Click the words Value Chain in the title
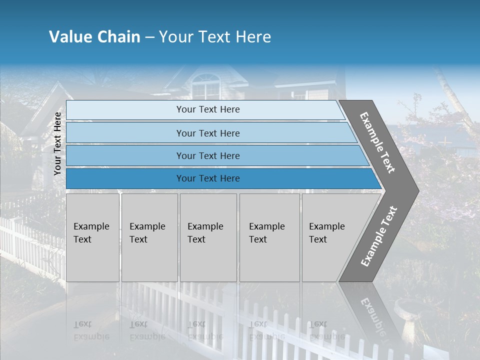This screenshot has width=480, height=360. coord(94,37)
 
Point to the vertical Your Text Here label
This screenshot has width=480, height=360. coord(58,143)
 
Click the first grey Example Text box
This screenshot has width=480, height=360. coord(92,237)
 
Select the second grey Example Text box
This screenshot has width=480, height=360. coord(149,237)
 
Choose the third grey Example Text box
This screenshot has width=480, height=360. coord(207,237)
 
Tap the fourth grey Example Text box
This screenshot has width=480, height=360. coord(269,237)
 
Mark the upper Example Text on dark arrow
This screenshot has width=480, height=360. coord(378,142)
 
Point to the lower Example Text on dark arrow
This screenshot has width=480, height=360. coord(379,236)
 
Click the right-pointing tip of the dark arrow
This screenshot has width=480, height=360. coord(416,190)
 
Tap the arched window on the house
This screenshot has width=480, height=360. coord(205,86)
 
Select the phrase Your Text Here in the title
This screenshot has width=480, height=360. coord(214,37)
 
